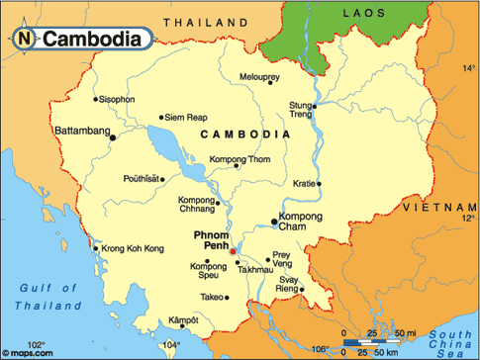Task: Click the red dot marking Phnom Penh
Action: pyautogui.click(x=233, y=251)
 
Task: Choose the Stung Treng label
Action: pyautogui.click(x=300, y=108)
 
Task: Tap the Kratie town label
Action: pyautogui.click(x=303, y=183)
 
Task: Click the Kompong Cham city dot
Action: pyautogui.click(x=275, y=222)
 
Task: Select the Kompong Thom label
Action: pyautogui.click(x=240, y=160)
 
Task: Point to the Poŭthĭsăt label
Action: pyautogui.click(x=140, y=179)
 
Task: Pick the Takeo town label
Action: pyautogui.click(x=212, y=296)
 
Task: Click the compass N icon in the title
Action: pyautogui.click(x=23, y=39)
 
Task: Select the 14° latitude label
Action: pyautogui.click(x=469, y=68)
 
